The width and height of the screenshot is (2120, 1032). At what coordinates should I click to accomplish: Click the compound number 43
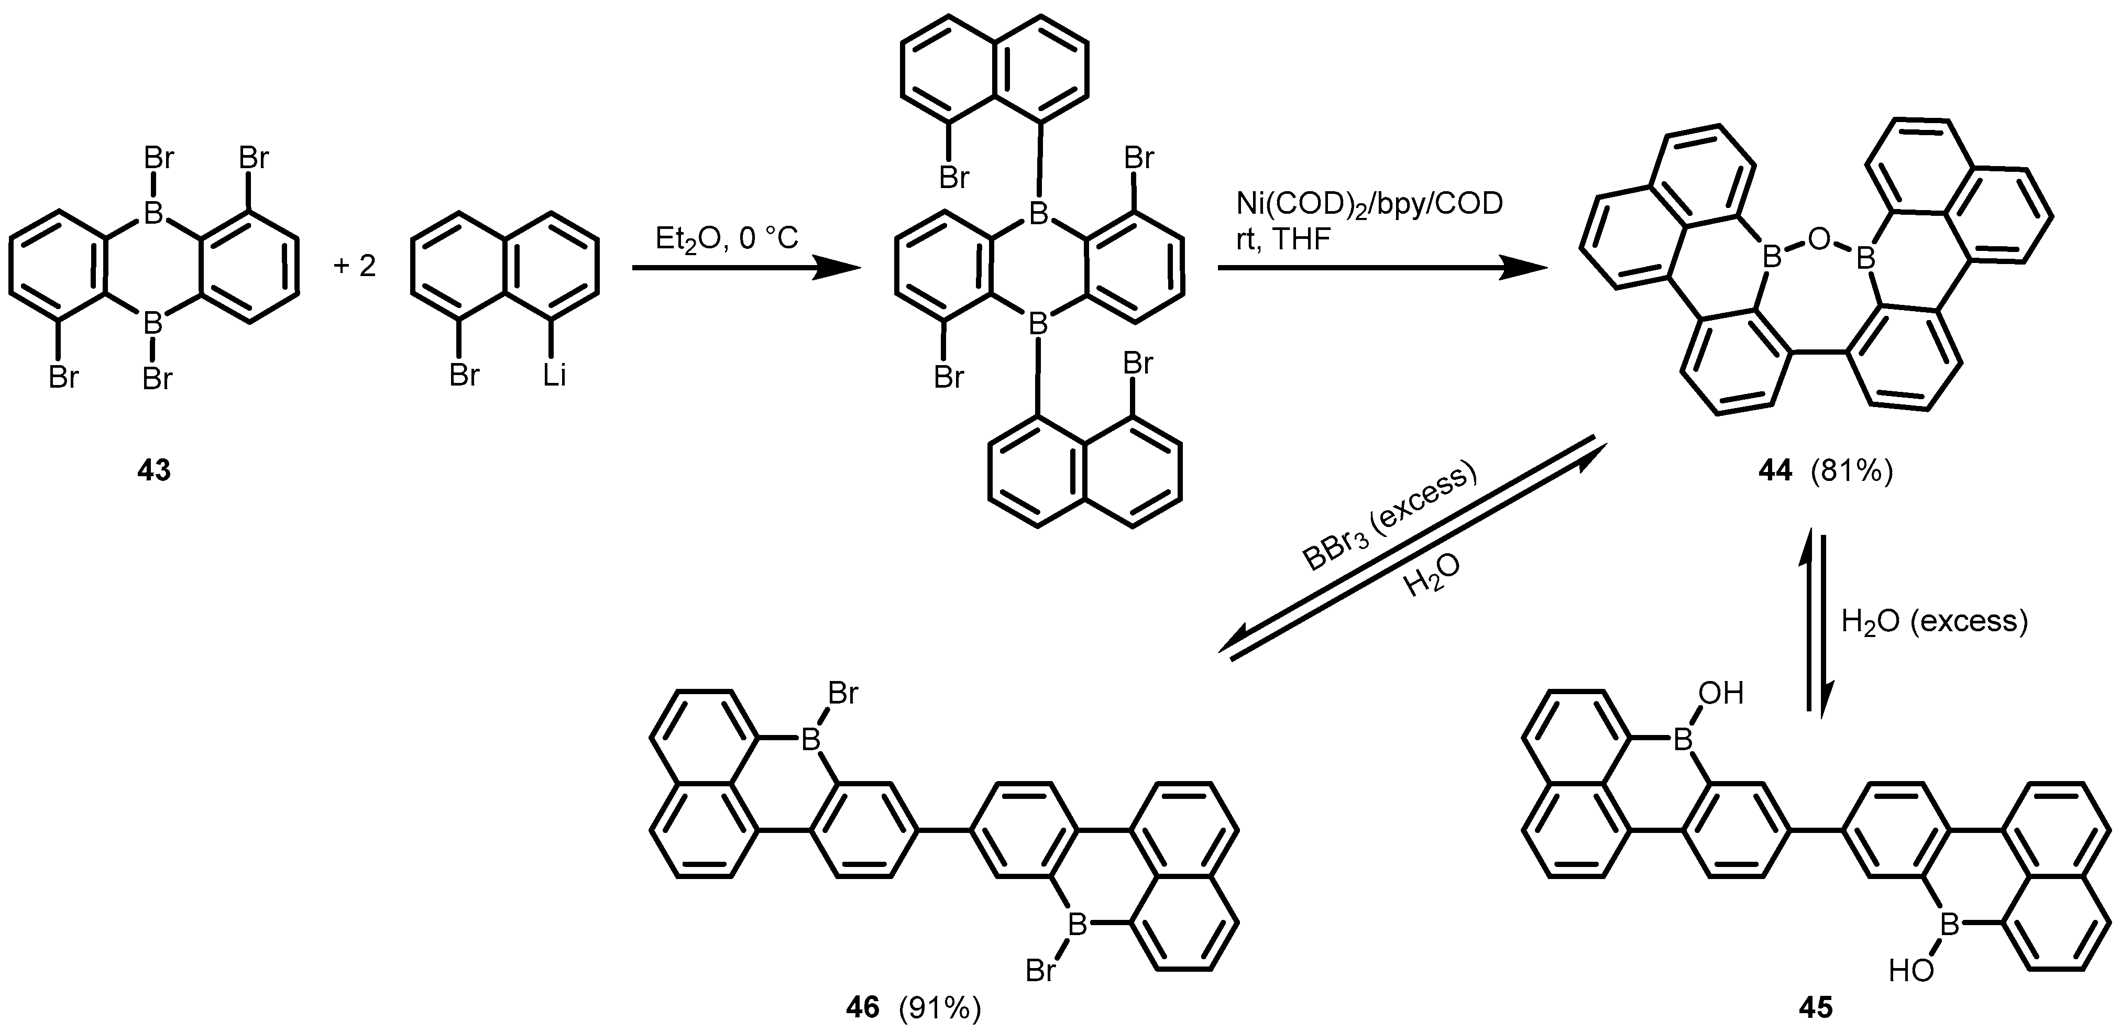tap(154, 471)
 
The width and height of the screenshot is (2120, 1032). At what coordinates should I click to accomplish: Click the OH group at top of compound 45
tap(1721, 694)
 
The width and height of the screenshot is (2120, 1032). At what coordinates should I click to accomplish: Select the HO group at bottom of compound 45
tap(1911, 972)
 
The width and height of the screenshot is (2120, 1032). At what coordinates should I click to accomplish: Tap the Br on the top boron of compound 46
tap(843, 694)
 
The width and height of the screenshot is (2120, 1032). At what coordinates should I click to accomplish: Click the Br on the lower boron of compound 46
tap(1041, 972)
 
